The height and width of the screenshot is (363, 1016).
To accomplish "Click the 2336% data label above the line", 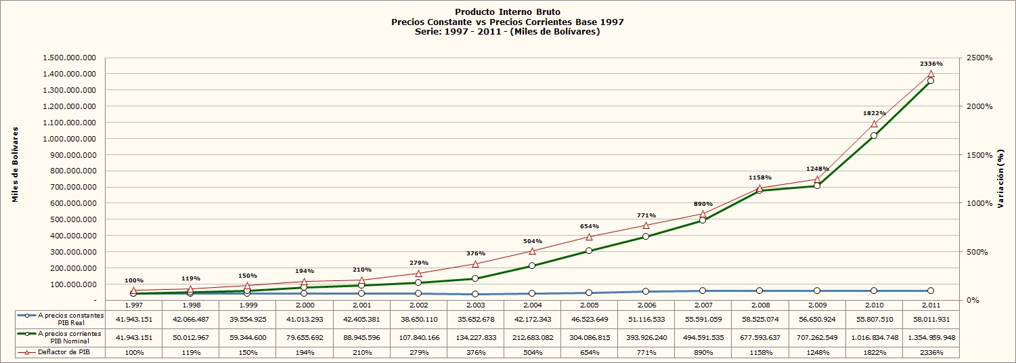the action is click(931, 64).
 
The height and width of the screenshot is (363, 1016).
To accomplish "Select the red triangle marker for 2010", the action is click(874, 123).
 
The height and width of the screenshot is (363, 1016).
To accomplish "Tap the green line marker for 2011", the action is click(931, 81).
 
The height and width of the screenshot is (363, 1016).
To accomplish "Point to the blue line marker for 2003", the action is click(475, 294).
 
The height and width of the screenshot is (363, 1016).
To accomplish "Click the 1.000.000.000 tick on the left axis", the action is click(70, 139).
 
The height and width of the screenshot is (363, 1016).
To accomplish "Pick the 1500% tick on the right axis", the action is click(979, 155).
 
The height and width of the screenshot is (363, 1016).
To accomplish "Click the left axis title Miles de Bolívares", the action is click(16, 165).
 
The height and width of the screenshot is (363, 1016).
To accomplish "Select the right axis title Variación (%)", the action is click(1000, 179).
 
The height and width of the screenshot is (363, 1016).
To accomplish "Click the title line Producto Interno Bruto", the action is click(508, 12).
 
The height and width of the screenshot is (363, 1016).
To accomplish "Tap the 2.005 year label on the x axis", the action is click(589, 305).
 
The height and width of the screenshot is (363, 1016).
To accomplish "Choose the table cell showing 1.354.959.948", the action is click(931, 337).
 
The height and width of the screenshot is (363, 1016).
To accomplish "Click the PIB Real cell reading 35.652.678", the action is click(476, 320).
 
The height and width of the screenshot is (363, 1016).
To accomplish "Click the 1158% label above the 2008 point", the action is click(760, 177).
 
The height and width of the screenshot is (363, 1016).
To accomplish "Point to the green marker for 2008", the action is click(759, 190).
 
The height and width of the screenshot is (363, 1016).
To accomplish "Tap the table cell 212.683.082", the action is click(533, 337).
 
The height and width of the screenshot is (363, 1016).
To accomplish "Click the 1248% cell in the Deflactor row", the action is click(818, 353).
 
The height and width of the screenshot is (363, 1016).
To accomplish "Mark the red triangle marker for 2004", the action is click(532, 251).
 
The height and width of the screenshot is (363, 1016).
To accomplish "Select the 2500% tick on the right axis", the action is click(979, 58).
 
